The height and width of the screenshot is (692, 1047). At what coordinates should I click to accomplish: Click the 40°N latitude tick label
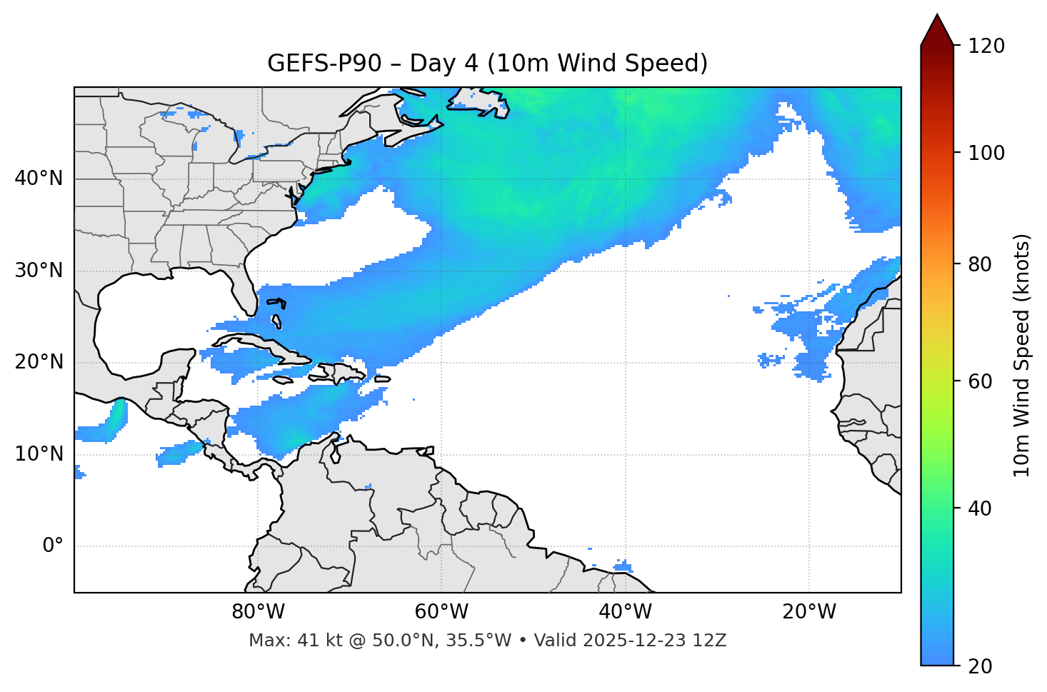pyautogui.click(x=39, y=179)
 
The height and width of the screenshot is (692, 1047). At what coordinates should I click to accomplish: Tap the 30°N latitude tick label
pyautogui.click(x=39, y=271)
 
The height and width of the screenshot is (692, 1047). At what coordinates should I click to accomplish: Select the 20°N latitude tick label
pyautogui.click(x=39, y=362)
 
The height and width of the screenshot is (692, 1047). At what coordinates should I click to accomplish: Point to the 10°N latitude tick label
pyautogui.click(x=39, y=454)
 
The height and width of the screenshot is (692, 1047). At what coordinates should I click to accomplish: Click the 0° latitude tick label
pyautogui.click(x=52, y=546)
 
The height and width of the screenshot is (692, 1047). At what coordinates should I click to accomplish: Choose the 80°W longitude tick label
pyautogui.click(x=258, y=612)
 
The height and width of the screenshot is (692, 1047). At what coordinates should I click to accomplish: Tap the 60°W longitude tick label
pyautogui.click(x=441, y=612)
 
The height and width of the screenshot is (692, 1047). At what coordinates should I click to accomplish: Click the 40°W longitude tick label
pyautogui.click(x=625, y=612)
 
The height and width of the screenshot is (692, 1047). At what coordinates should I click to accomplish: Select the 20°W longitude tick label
pyautogui.click(x=809, y=612)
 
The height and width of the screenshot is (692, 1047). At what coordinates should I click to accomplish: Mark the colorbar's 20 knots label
pyautogui.click(x=980, y=666)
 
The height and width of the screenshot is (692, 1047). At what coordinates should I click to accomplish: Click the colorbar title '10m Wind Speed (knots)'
pyautogui.click(x=1022, y=355)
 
